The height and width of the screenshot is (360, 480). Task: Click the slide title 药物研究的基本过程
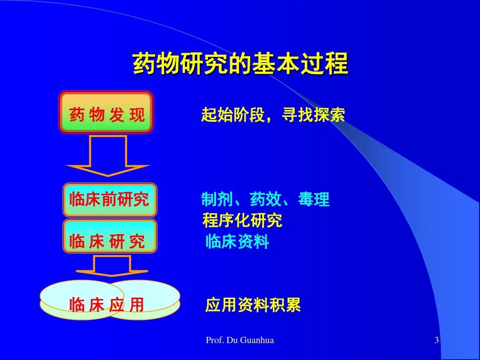(x=240, y=64)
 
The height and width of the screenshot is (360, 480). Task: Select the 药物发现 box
(x=106, y=112)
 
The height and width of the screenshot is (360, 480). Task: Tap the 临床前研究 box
(x=110, y=200)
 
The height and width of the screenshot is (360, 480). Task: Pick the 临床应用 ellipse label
(x=107, y=304)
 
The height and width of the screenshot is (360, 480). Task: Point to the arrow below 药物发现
(x=108, y=156)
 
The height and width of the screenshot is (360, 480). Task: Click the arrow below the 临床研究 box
(x=112, y=266)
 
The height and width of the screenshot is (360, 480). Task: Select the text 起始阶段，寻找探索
(x=273, y=115)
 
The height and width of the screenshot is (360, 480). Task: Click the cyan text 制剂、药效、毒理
(x=265, y=199)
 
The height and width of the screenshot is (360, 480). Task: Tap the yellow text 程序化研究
(x=242, y=220)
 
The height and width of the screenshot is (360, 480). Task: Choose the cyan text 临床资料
(x=237, y=241)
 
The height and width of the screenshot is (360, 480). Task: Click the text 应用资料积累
(x=253, y=304)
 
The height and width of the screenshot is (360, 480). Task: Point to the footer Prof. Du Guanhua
(x=240, y=340)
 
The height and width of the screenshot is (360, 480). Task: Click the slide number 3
(x=436, y=340)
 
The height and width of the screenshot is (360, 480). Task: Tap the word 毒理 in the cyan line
(x=314, y=199)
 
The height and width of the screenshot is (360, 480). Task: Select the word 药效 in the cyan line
(x=265, y=199)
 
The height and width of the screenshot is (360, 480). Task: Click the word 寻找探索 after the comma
(x=313, y=115)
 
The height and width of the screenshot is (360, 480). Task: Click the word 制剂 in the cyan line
(x=217, y=199)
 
